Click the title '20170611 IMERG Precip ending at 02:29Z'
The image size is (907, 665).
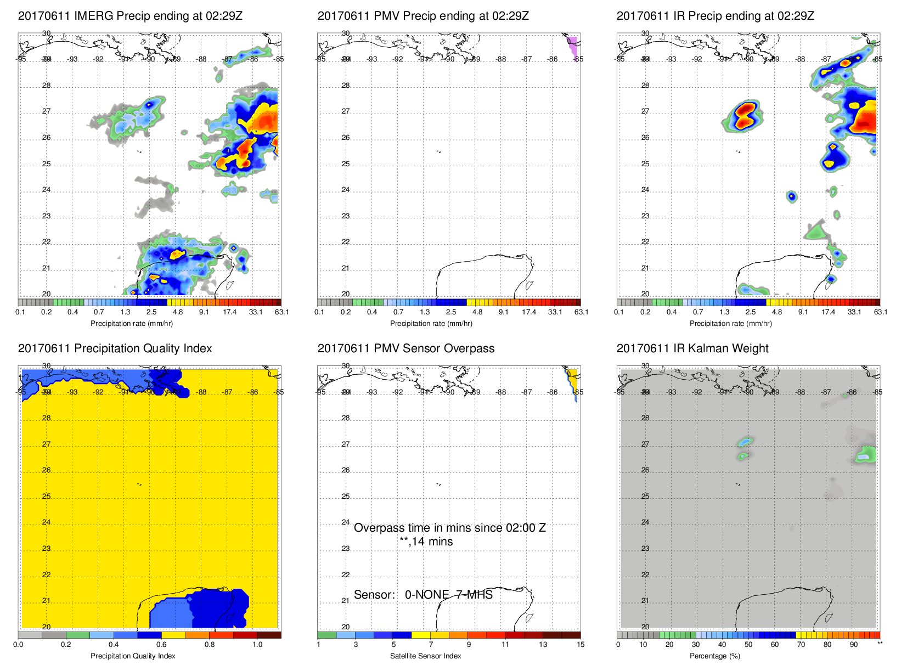130,16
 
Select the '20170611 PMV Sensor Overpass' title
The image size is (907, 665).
405,348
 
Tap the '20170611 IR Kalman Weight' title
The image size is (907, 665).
692,348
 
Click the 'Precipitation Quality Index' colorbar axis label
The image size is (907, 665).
133,656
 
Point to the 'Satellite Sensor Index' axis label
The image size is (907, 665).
425,656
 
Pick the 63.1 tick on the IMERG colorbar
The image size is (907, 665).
281,312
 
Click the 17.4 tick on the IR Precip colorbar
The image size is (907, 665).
828,312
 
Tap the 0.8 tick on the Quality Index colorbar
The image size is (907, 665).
210,645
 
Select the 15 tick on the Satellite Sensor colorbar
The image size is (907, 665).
581,645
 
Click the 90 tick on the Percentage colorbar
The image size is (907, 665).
854,645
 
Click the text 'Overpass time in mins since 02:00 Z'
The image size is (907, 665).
449,528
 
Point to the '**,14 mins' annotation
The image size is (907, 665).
426,542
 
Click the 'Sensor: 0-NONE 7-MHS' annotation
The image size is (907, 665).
423,595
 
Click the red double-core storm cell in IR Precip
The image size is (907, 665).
743,116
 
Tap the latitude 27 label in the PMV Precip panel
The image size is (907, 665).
346,111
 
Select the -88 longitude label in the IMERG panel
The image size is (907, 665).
202,59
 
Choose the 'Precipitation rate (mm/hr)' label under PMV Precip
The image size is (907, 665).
431,323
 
